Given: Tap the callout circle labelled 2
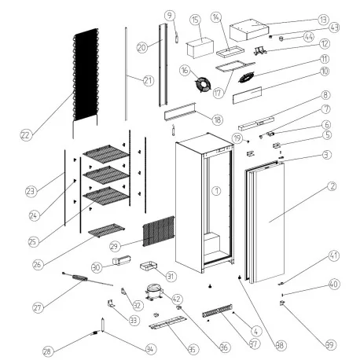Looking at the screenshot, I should tap(332, 186).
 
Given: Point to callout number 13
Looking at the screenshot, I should tap(323, 20).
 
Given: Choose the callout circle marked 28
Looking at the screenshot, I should tap(49, 351).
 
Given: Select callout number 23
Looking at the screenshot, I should tap(31, 190).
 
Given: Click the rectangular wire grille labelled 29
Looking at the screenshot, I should tap(157, 232).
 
